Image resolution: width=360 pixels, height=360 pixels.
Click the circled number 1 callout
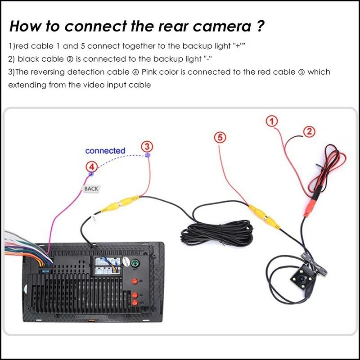pos(271,121)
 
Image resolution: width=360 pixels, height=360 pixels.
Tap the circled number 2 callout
pos(309,131)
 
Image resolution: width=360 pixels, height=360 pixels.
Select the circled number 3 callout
pos(147,146)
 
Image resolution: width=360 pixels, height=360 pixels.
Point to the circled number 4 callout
pos(91,167)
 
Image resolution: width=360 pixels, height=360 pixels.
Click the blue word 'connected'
pos(105,151)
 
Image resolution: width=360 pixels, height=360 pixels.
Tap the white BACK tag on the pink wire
pos(91,189)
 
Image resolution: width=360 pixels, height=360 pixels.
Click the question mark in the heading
pos(260,26)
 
